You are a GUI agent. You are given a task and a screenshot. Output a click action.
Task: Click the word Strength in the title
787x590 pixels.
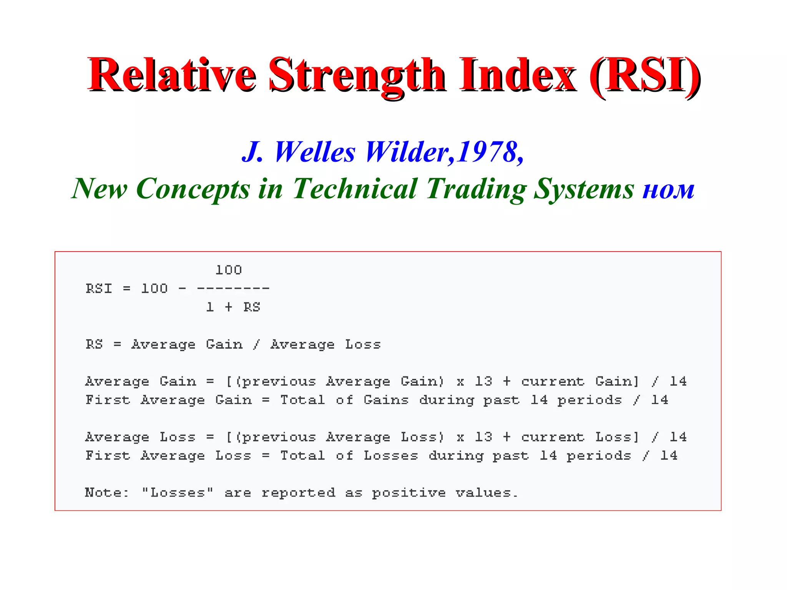tap(357, 75)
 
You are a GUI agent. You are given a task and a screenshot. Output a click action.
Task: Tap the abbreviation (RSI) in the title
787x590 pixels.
tap(645, 75)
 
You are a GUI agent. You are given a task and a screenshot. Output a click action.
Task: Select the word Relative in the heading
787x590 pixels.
tap(172, 75)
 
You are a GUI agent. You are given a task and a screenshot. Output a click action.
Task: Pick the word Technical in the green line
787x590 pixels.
tap(355, 189)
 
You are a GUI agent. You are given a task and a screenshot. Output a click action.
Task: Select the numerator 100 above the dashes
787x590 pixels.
tap(229, 270)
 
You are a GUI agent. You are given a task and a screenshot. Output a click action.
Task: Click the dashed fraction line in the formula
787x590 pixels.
tap(233, 288)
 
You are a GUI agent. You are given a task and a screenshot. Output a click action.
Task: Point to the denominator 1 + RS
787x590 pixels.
tap(233, 307)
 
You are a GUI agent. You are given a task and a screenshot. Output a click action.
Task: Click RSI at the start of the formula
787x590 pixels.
tap(99, 288)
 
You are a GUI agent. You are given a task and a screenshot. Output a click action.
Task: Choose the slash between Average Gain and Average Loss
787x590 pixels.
tap(256, 344)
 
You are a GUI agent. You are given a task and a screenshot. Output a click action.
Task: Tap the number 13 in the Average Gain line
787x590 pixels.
tap(483, 381)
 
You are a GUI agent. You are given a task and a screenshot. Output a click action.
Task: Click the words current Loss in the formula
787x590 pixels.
tap(579, 437)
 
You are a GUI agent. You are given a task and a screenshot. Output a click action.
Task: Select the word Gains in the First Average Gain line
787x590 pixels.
tap(386, 400)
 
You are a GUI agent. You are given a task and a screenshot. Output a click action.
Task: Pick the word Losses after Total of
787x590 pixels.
tap(391, 456)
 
